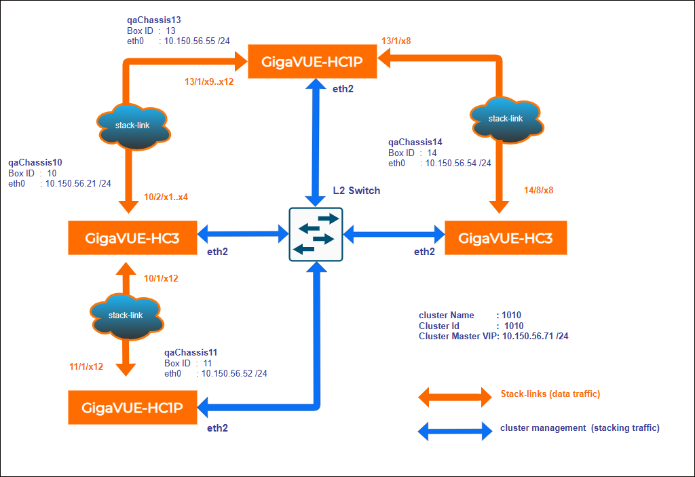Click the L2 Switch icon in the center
tap(316, 234)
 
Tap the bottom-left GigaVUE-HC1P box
tap(132, 407)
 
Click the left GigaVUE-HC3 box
tap(132, 237)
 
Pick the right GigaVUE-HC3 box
tap(505, 237)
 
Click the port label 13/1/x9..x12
tap(209, 82)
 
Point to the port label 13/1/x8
tap(396, 41)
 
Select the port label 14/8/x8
tap(540, 190)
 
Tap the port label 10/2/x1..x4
tap(166, 197)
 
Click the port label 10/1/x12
tap(162, 278)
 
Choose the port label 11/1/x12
tap(86, 366)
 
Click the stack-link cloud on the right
tap(506, 119)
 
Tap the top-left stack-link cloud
tap(131, 126)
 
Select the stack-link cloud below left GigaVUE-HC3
tap(126, 316)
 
